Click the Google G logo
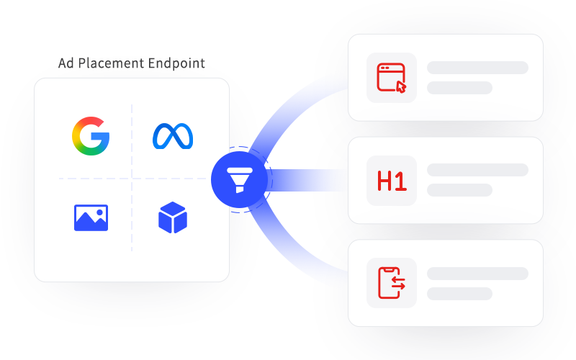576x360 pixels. click(x=91, y=136)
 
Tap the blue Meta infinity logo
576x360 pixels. click(x=173, y=136)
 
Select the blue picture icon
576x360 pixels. click(x=91, y=218)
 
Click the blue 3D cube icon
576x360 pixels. click(x=173, y=217)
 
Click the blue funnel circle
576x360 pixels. click(x=239, y=179)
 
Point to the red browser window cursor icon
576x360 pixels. click(x=392, y=78)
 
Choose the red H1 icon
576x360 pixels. click(x=392, y=181)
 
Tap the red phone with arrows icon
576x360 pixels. click(x=392, y=283)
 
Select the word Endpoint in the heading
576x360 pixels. click(x=176, y=63)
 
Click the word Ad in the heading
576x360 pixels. click(x=66, y=63)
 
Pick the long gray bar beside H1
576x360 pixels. click(x=477, y=170)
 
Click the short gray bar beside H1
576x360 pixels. click(x=459, y=190)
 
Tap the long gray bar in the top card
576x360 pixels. click(x=477, y=68)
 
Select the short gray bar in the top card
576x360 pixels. click(x=459, y=88)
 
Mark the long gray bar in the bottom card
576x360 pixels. click(x=477, y=274)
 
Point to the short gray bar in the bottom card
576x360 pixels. click(x=459, y=294)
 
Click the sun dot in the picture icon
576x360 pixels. click(x=99, y=212)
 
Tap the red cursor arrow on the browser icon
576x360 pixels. click(x=401, y=87)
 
